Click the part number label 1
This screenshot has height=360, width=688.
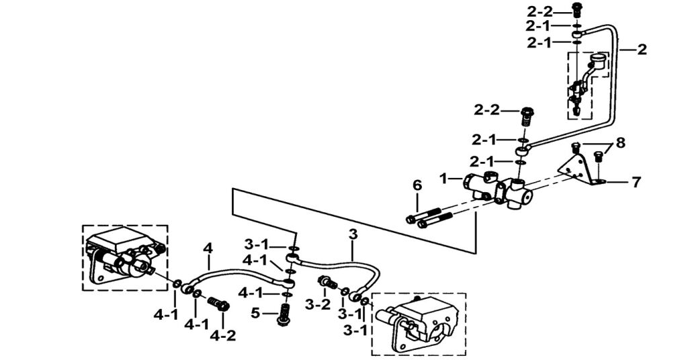click(443, 179)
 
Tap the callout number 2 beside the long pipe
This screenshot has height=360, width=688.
click(642, 49)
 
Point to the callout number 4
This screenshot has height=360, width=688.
click(208, 248)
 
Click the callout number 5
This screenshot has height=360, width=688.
click(255, 312)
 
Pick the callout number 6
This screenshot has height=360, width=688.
click(417, 185)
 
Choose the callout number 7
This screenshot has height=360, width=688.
click(636, 181)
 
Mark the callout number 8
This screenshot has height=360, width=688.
click(620, 142)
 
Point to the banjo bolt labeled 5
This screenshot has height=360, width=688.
click(284, 314)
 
